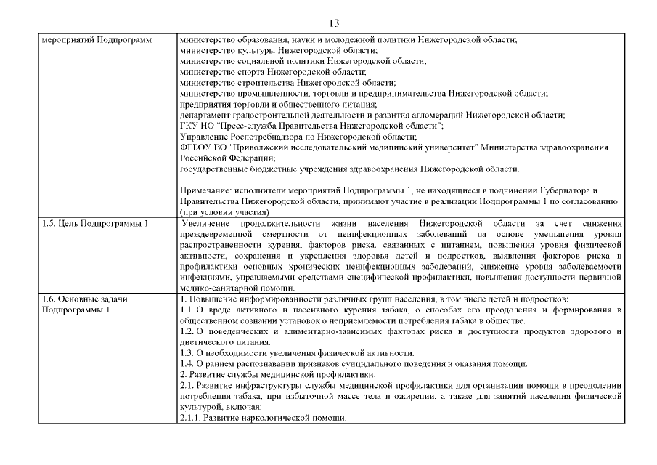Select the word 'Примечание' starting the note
205,190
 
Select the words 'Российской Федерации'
227,158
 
